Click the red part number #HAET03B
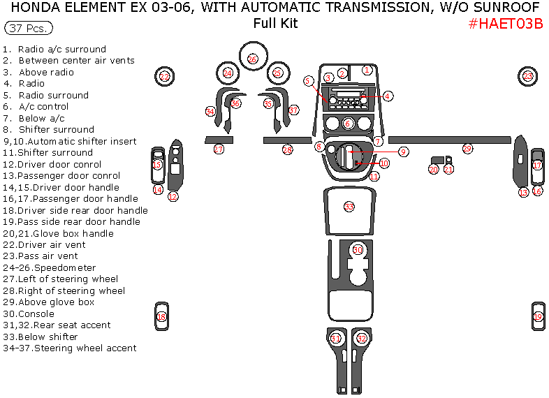coord(506,24)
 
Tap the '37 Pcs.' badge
coord(28,29)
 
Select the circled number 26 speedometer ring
coord(252,59)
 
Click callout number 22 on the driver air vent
coord(165,77)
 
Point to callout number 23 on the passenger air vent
coord(528,76)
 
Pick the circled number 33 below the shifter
coord(349,207)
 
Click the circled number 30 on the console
coord(358,250)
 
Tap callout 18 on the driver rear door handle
coord(161,317)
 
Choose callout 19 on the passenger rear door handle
coord(538,317)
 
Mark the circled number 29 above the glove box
coord(467,149)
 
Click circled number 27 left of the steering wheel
coord(219,149)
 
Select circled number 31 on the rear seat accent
coord(336,339)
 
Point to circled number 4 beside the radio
coord(387,96)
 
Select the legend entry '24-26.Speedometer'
coord(50,268)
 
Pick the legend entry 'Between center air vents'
coord(76,61)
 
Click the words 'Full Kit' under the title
coord(275,23)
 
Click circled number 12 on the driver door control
coord(173,197)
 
